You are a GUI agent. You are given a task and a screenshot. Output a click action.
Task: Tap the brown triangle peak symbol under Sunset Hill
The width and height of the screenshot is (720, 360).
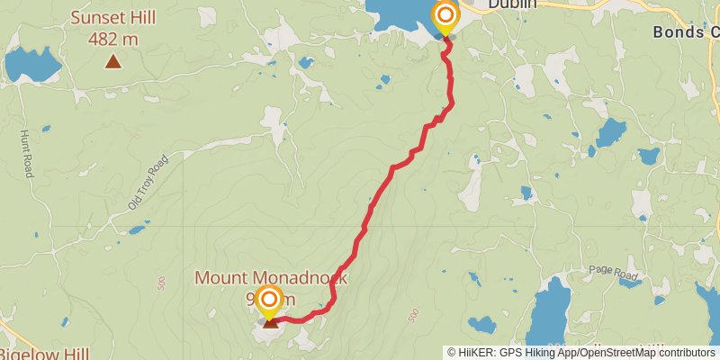click(x=112, y=62)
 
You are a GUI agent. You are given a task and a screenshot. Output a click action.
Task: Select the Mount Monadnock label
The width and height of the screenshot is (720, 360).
click(x=271, y=279)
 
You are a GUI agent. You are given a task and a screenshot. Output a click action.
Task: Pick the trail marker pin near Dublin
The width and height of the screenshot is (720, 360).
click(x=445, y=17)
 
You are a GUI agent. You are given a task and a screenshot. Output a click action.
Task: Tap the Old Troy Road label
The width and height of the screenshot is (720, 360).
click(x=148, y=183)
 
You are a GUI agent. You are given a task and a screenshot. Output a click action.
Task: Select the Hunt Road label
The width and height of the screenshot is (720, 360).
click(x=24, y=154)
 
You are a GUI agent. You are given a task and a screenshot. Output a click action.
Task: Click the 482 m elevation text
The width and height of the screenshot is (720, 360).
click(x=112, y=39)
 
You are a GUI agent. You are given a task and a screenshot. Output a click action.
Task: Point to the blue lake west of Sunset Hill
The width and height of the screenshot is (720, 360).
click(x=32, y=65)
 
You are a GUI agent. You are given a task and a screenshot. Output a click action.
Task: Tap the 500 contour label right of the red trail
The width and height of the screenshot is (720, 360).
click(x=413, y=316)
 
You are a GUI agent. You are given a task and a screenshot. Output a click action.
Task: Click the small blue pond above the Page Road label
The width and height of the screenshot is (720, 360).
click(x=610, y=134)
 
